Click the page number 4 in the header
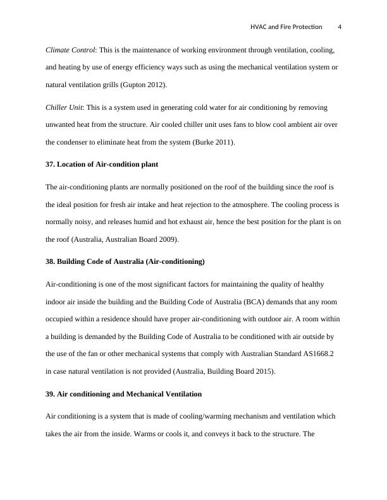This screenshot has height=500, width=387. point(340,27)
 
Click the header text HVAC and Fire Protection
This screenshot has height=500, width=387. point(286,27)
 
